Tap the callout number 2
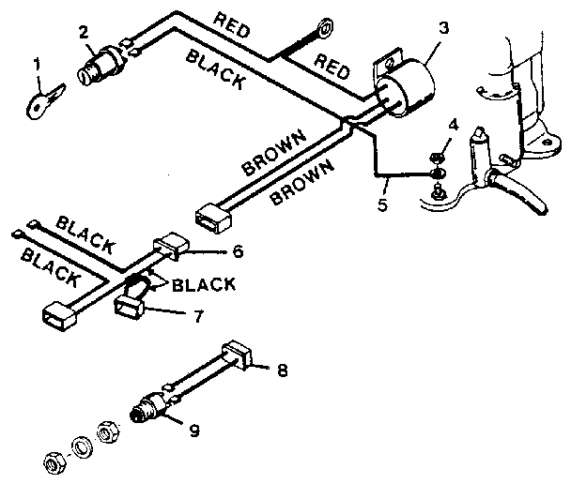[x=84, y=30]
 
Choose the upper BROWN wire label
[x=274, y=153]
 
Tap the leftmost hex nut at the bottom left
[x=54, y=461]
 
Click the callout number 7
[x=197, y=316]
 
